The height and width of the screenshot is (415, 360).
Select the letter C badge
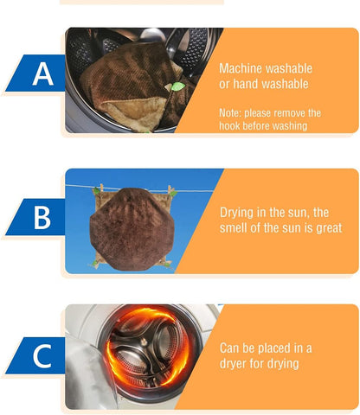coord(41,356)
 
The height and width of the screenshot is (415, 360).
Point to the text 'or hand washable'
coord(263,84)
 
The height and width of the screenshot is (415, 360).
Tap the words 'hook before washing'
coord(263,126)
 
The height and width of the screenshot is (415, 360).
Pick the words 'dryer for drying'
coord(259,364)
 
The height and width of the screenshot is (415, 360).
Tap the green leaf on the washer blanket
coord(178,86)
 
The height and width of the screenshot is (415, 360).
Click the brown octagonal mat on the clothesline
coord(134,224)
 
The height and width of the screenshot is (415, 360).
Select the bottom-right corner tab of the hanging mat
coord(164,262)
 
